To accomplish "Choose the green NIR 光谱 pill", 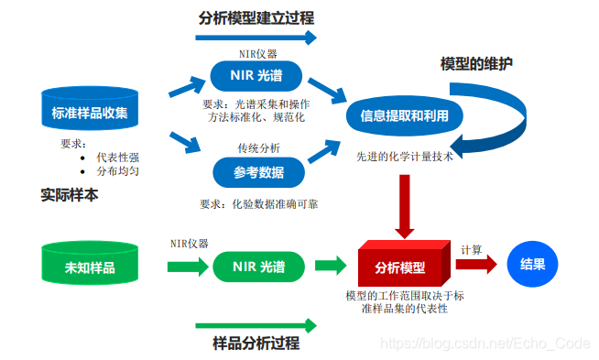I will click(259, 267).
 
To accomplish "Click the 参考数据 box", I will click(259, 171).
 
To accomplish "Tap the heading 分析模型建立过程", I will click(256, 16).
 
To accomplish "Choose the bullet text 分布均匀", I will click(118, 170).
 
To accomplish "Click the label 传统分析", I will click(259, 147).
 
